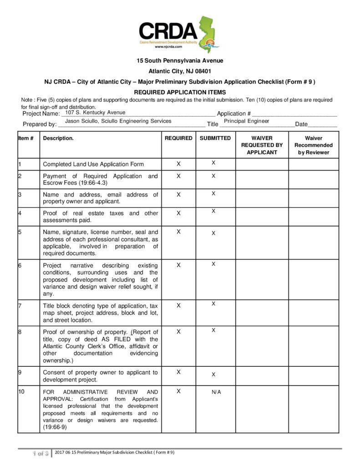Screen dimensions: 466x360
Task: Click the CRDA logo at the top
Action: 179,34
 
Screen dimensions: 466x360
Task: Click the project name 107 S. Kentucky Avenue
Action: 96,112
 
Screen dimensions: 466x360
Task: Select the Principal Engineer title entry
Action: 246,121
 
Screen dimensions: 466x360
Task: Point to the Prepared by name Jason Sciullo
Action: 118,121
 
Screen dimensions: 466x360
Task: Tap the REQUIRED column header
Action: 178,138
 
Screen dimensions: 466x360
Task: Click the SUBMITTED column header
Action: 215,138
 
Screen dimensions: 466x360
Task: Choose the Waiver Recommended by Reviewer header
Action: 313,145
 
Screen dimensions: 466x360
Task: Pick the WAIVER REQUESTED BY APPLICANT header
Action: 262,145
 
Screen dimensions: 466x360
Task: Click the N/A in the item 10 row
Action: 216,392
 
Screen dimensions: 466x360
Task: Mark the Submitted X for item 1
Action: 213,162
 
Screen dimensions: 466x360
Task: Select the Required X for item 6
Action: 178,265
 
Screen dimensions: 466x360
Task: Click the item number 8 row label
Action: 20,332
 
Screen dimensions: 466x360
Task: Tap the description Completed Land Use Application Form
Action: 93,164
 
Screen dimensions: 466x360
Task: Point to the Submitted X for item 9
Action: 213,375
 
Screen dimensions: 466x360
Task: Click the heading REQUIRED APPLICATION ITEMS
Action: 180,92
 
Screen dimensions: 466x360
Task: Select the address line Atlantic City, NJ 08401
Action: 180,71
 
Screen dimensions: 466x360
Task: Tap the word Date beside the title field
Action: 301,124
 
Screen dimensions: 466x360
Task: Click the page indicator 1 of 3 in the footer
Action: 40,453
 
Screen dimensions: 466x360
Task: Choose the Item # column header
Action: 26,138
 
